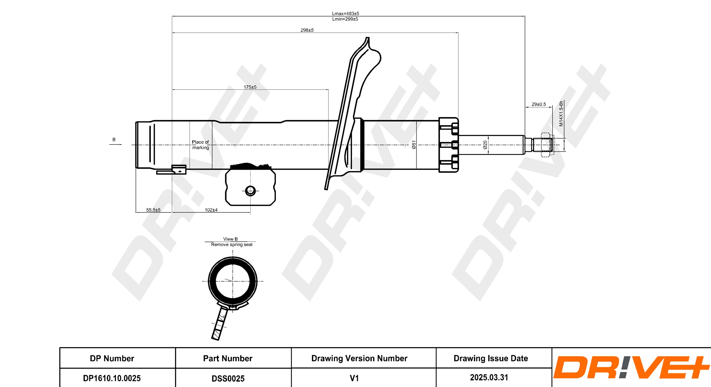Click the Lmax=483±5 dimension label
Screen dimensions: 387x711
(x=345, y=13)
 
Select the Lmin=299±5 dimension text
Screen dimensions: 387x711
(x=345, y=19)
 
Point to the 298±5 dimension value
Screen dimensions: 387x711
(x=307, y=30)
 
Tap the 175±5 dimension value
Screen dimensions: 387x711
(x=250, y=87)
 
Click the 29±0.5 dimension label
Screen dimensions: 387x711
(x=539, y=104)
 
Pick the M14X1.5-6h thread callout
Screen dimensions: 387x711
(x=561, y=113)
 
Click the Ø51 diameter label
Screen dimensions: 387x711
(x=414, y=145)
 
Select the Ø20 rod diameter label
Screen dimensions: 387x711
(x=485, y=145)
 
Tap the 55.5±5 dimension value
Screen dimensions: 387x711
(x=153, y=210)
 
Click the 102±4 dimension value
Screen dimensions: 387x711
(x=211, y=210)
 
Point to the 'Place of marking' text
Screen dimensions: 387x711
(x=201, y=145)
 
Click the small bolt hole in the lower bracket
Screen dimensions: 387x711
(x=250, y=191)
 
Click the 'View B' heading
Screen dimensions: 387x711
(x=230, y=239)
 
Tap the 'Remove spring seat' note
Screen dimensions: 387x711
(x=232, y=244)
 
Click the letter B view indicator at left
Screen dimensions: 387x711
(x=114, y=140)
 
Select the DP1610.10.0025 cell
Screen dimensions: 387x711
(x=112, y=378)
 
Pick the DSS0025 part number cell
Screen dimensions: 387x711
(x=228, y=378)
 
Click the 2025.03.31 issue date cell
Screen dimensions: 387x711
(x=489, y=377)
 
